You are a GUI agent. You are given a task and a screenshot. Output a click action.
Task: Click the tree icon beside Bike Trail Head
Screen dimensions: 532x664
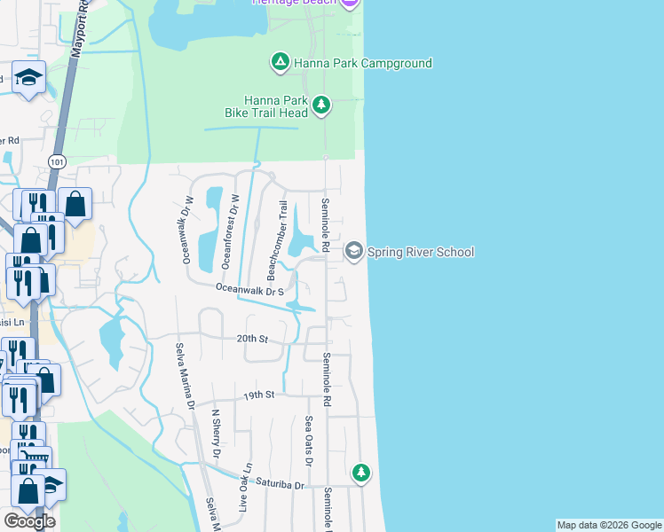click(x=321, y=106)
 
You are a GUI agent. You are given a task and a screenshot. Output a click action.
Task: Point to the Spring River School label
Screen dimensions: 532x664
click(x=421, y=252)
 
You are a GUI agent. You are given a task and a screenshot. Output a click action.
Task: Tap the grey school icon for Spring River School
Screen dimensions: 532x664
click(x=354, y=252)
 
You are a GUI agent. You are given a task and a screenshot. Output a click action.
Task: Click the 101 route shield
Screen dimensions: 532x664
click(x=58, y=161)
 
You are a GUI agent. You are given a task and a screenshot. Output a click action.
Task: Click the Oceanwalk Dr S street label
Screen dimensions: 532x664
click(x=250, y=289)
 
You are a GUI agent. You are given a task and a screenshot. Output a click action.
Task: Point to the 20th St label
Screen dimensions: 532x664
click(x=252, y=339)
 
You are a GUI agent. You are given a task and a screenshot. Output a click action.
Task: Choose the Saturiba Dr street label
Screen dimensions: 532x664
click(x=281, y=485)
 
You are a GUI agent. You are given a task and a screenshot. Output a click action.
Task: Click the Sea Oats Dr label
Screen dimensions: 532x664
click(x=308, y=441)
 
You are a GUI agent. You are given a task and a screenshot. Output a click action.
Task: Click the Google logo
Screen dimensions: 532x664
click(x=29, y=520)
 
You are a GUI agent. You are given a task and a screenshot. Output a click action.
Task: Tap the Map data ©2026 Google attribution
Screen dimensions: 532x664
click(x=608, y=525)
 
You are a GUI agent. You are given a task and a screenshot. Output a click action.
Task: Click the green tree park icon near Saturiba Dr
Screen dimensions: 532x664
click(x=360, y=472)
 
